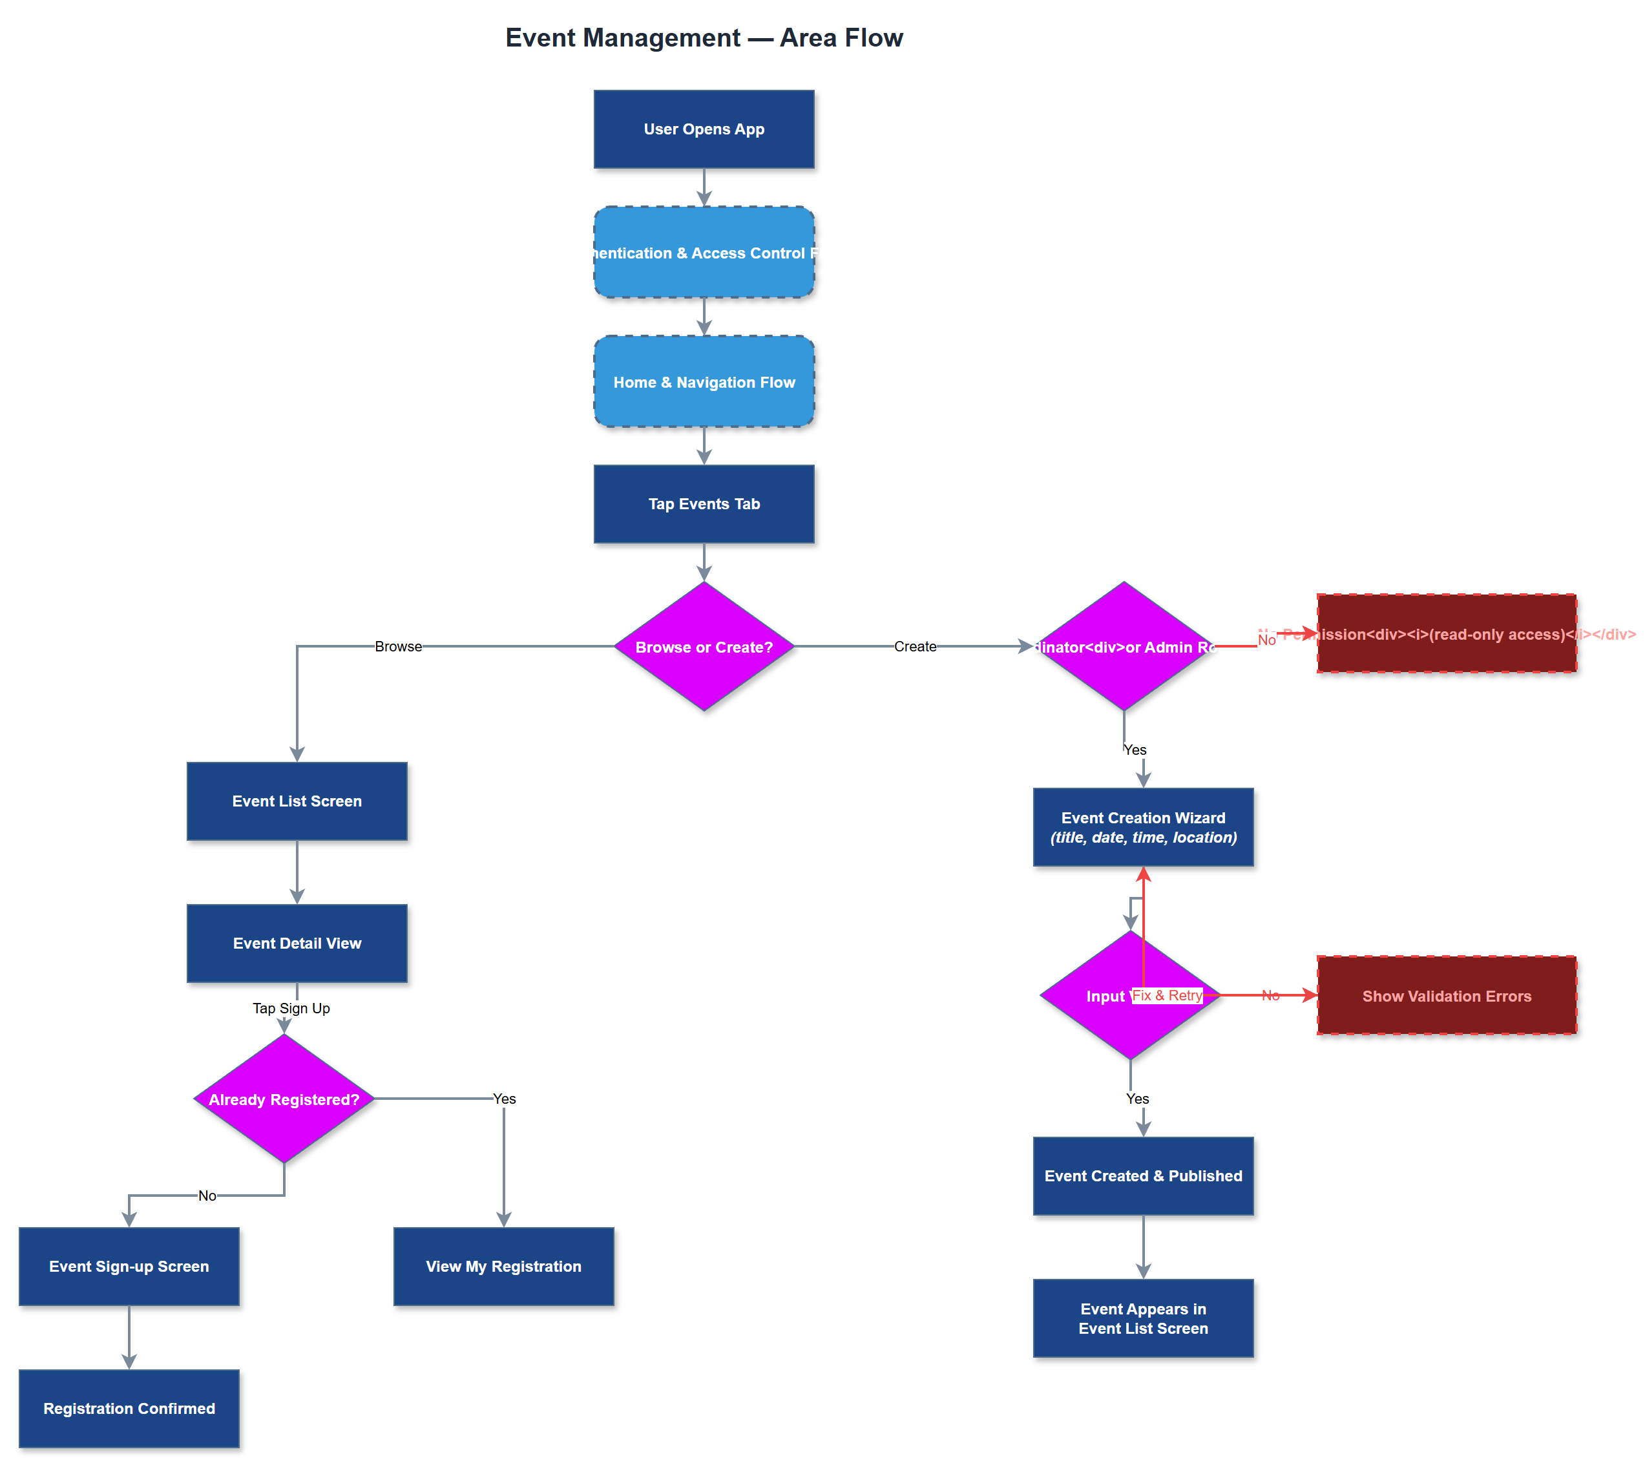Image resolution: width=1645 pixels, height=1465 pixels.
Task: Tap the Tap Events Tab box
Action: coord(704,503)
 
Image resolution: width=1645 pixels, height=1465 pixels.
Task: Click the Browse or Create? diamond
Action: coord(704,646)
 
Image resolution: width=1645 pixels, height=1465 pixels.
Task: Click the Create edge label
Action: coord(914,646)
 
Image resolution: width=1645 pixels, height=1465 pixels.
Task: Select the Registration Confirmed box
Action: coord(129,1408)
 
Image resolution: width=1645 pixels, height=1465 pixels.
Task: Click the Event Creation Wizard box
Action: coord(1143,827)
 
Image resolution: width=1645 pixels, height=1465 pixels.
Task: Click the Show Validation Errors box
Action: coord(1445,995)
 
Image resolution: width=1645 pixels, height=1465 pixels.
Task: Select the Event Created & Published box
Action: coord(1143,1175)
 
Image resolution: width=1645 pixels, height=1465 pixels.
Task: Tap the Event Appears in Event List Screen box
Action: coord(1143,1318)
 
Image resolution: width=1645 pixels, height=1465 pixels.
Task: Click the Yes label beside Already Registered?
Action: coord(504,1099)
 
